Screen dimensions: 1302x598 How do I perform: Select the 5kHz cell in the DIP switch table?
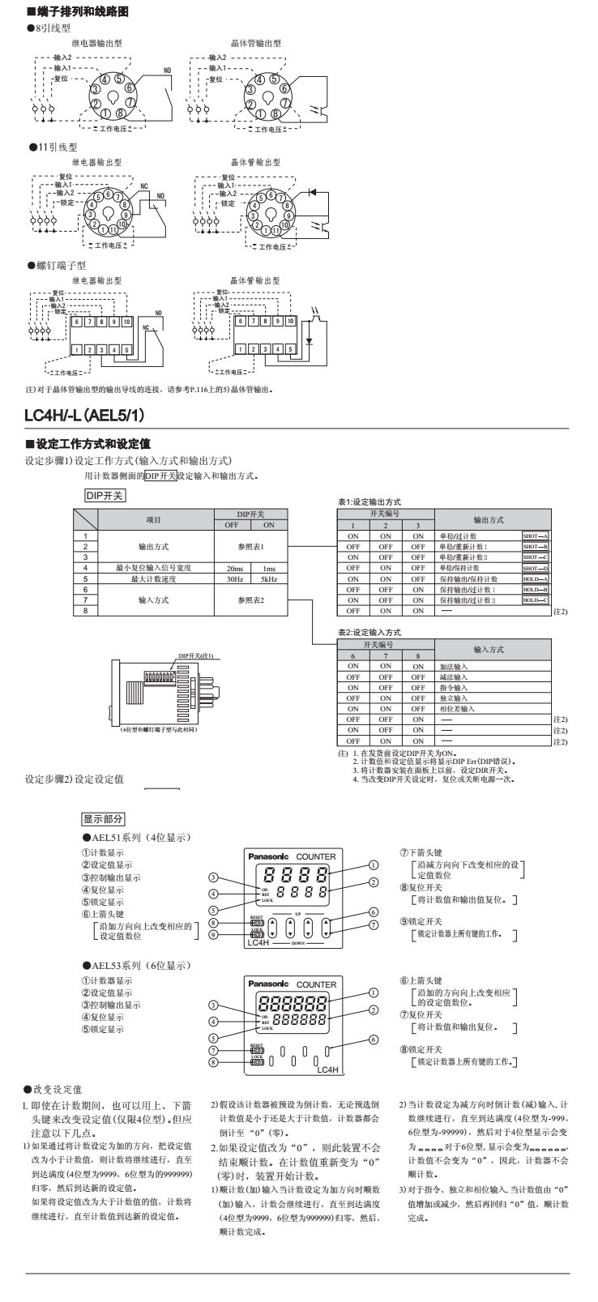click(268, 579)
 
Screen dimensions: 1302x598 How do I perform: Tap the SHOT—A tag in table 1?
click(535, 536)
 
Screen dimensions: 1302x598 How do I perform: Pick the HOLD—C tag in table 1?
click(535, 600)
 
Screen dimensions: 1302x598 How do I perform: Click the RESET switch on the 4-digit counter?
click(258, 923)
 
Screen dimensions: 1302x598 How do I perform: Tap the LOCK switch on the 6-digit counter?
click(258, 1062)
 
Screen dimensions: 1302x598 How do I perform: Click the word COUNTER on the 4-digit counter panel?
click(315, 856)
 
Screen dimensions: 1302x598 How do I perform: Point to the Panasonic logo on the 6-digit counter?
click(268, 984)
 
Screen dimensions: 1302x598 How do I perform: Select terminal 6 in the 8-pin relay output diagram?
click(129, 88)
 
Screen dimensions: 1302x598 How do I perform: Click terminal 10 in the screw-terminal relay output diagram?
click(126, 322)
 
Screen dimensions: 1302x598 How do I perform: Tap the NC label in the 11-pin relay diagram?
click(145, 186)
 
